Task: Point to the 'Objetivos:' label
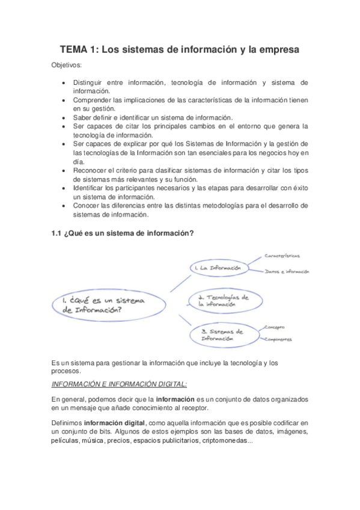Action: coord(67,64)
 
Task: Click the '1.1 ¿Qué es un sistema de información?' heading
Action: coord(123,234)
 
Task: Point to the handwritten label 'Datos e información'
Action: coord(287,272)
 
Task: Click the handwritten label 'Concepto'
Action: coord(273,328)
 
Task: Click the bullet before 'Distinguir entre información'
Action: coord(65,82)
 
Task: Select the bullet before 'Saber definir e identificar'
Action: coord(65,117)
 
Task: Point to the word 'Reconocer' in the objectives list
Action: coord(90,170)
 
